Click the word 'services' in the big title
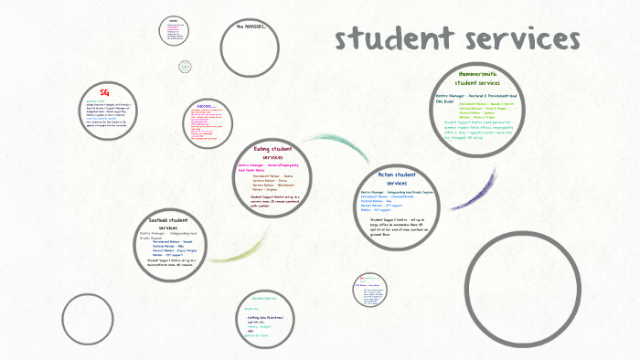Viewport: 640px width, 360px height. [522, 39]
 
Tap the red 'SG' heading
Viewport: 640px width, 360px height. [104, 92]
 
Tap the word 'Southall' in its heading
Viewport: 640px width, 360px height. [160, 220]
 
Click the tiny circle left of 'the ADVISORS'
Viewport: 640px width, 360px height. [186, 67]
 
